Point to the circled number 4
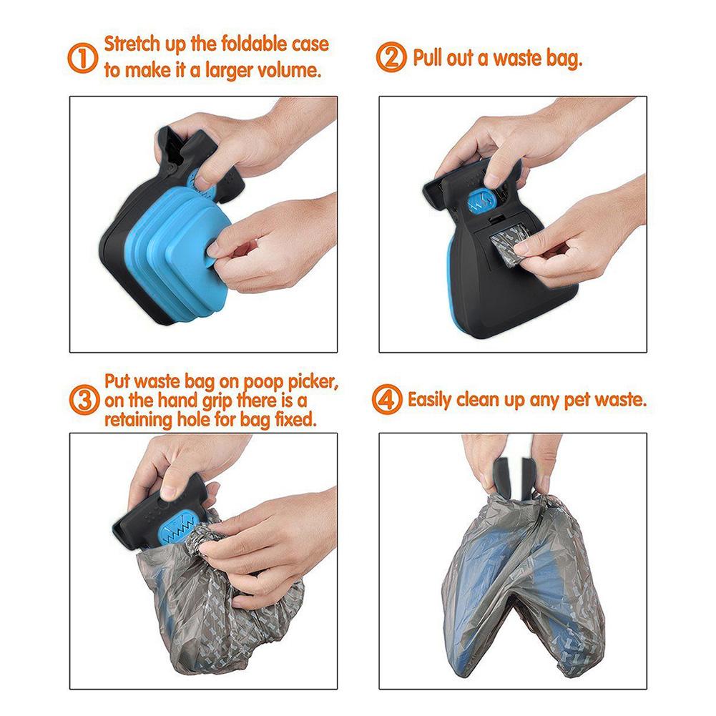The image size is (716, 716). (388, 399)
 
